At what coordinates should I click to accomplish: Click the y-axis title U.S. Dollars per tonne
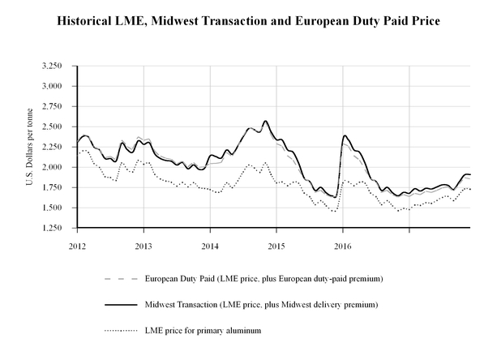(x=29, y=147)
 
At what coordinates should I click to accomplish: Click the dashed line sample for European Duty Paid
(x=120, y=279)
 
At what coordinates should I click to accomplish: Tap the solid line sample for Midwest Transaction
(x=120, y=304)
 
